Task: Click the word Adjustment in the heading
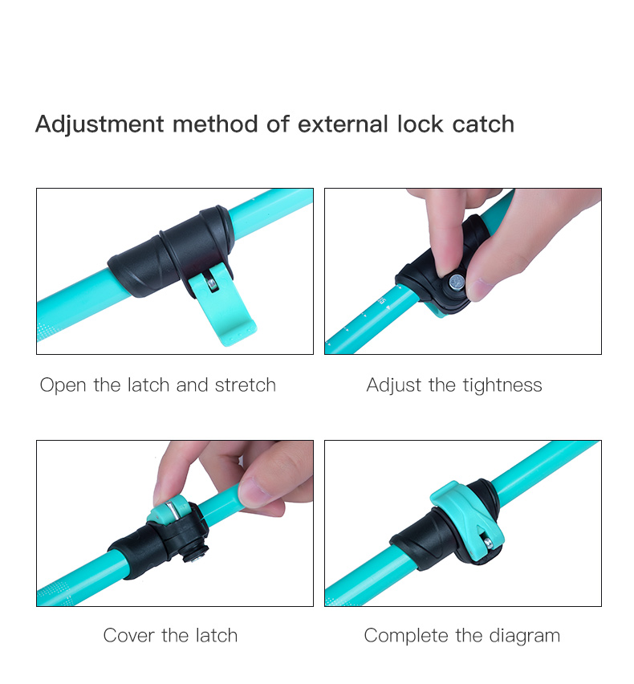pos(100,124)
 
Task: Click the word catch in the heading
pos(483,124)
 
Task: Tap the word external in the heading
pos(343,124)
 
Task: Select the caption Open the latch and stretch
pos(158,385)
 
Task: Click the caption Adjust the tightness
pos(454,385)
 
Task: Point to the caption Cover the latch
pos(170,636)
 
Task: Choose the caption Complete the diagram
pos(462,636)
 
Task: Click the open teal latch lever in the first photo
pos(222,305)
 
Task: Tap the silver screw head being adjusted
pos(457,283)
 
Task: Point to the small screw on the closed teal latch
pos(488,543)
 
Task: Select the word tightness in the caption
pos(502,385)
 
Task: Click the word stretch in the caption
pos(246,385)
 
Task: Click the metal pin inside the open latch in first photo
pos(213,284)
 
